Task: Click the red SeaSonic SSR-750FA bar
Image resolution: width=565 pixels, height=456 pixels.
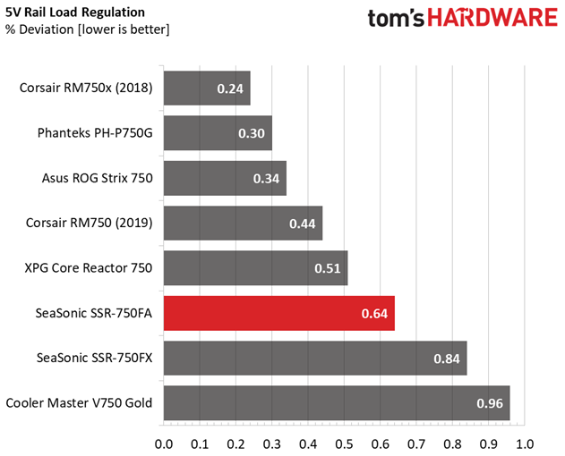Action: click(278, 314)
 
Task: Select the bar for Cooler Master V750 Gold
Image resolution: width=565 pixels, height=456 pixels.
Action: click(337, 403)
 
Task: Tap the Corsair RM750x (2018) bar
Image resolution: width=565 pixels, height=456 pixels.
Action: click(207, 89)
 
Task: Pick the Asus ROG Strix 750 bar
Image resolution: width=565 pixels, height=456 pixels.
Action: click(225, 178)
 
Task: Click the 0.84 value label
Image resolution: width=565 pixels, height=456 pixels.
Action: click(446, 359)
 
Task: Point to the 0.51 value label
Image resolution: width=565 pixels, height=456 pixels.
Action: click(328, 268)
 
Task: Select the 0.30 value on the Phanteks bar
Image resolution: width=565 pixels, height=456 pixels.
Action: click(252, 133)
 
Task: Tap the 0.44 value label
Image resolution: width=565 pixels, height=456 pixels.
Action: click(303, 224)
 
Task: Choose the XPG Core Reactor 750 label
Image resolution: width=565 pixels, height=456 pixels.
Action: click(90, 267)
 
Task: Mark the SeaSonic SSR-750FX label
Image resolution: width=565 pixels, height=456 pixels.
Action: click(91, 358)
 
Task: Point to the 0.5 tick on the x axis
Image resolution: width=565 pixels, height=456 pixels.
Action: click(344, 443)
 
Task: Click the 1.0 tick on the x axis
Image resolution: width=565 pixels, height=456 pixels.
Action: click(524, 443)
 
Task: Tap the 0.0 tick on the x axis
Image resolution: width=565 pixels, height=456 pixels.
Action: click(164, 443)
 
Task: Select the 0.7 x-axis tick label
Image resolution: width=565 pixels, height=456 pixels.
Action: click(416, 443)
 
